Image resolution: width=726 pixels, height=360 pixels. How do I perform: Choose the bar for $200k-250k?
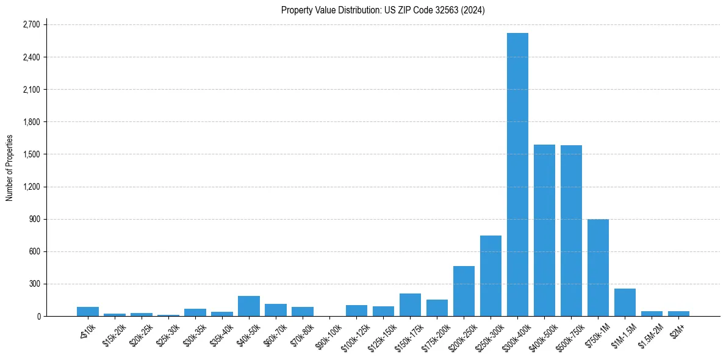(x=464, y=291)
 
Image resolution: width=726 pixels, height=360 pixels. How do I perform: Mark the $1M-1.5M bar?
(x=625, y=302)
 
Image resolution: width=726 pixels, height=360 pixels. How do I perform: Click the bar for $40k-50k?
(x=249, y=306)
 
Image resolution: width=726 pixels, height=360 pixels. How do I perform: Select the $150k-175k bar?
(x=410, y=304)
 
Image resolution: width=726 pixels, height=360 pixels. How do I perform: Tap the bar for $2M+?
(x=678, y=314)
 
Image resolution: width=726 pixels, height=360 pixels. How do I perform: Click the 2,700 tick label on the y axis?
(x=31, y=25)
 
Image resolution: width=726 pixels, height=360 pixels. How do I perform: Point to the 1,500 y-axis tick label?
(x=31, y=154)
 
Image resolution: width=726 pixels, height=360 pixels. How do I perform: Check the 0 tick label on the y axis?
(x=38, y=316)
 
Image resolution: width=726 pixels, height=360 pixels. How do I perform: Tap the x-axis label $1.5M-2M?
(x=650, y=334)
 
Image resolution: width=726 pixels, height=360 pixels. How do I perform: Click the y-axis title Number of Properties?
(x=10, y=168)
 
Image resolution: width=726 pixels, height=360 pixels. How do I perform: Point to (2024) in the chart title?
(x=475, y=10)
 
